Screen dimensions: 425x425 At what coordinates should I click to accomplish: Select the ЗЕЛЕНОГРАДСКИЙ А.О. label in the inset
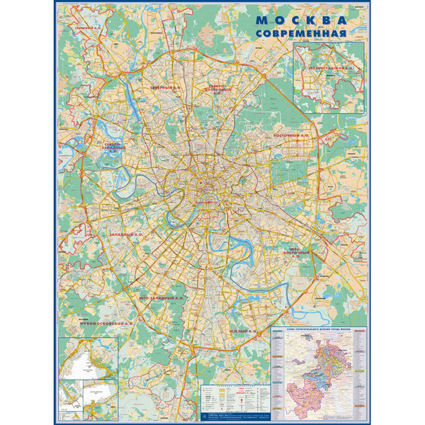(330, 69)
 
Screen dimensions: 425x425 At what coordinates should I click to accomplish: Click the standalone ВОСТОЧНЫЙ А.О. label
(292, 134)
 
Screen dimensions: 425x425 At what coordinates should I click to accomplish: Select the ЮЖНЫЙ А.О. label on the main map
(243, 331)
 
